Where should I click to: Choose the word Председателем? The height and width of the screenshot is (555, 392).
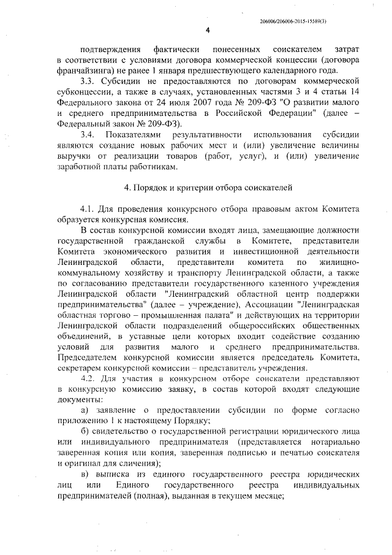click(88, 357)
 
